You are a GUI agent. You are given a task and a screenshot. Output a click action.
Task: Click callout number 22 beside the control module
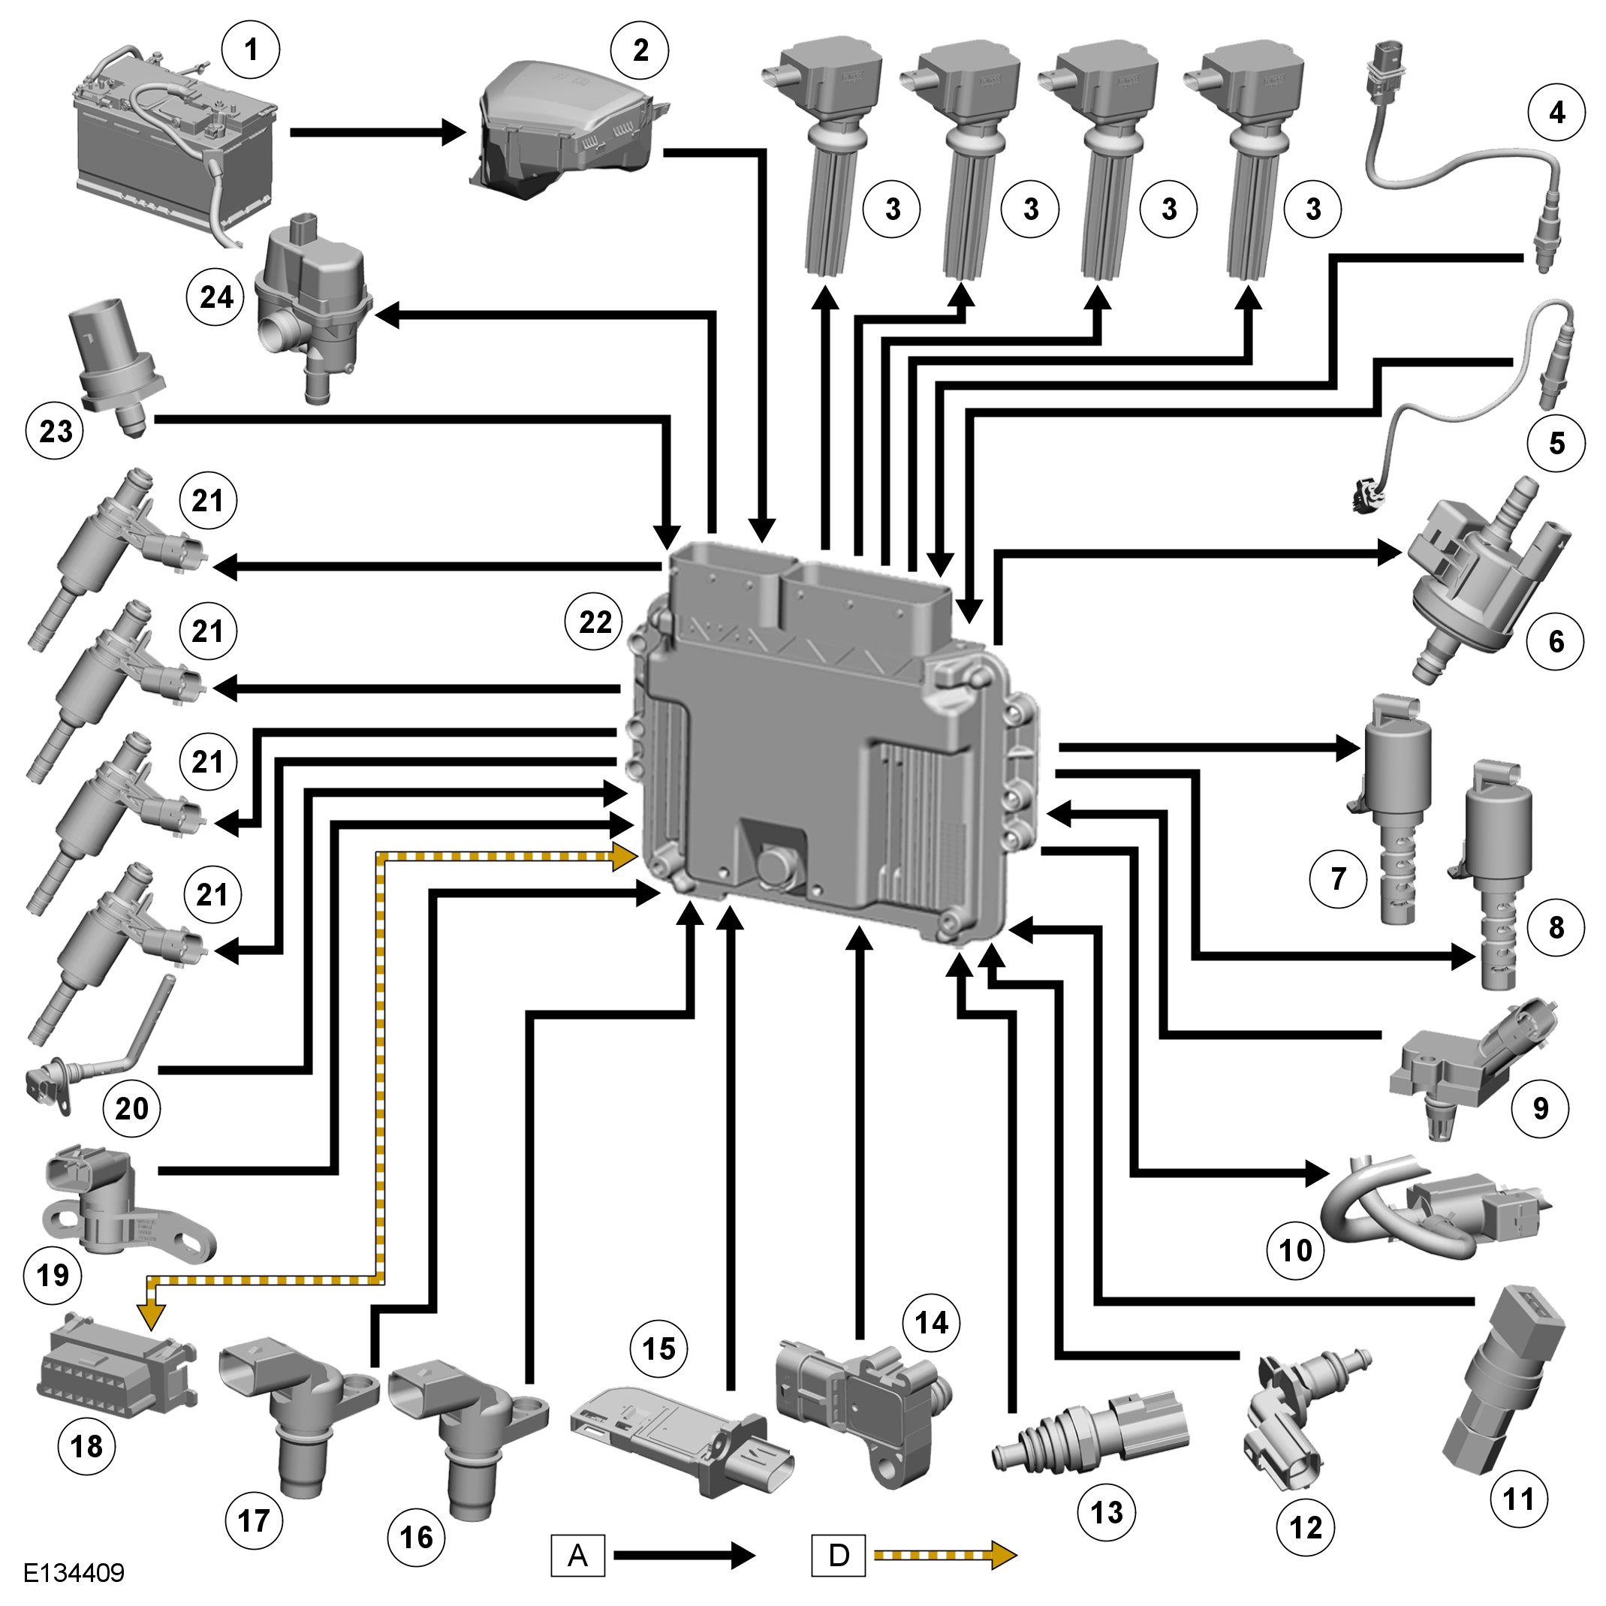tap(595, 622)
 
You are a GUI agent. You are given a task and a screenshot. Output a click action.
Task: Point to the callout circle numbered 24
tap(216, 297)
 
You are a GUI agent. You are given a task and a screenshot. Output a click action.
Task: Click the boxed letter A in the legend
tap(577, 1555)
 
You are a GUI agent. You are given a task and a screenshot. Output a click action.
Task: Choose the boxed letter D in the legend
tap(838, 1555)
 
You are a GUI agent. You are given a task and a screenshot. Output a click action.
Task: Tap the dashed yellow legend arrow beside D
tap(945, 1555)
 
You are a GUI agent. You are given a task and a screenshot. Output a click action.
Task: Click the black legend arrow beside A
tap(683, 1555)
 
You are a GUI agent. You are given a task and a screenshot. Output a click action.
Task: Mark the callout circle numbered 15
tap(658, 1348)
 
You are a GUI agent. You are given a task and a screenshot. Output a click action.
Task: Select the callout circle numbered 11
tap(1519, 1499)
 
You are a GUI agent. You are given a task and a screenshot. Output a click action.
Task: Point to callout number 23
tap(56, 431)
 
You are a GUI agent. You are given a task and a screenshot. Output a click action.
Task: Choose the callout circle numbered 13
tap(1107, 1512)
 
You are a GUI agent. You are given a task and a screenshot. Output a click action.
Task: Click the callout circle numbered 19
tap(53, 1274)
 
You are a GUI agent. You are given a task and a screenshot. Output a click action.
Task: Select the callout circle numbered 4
tap(1557, 112)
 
